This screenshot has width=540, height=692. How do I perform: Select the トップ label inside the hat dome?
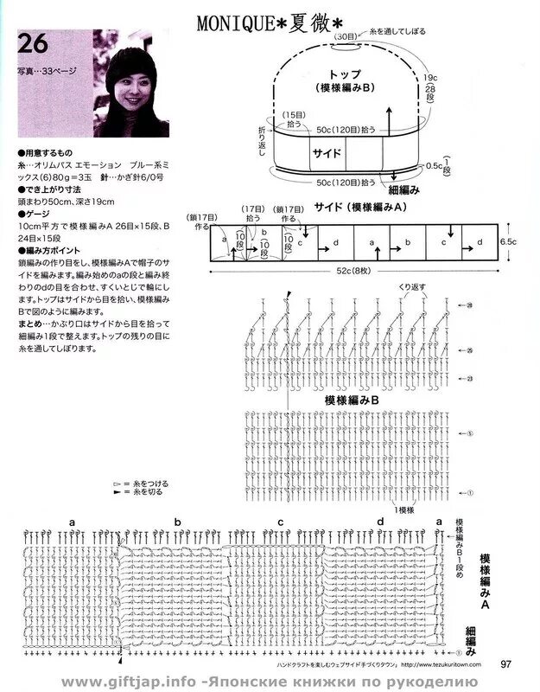pos(346,75)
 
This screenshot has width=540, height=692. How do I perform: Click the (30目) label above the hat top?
pos(346,37)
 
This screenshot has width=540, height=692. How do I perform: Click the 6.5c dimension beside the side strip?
pos(508,243)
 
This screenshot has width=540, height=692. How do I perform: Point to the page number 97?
pos(508,664)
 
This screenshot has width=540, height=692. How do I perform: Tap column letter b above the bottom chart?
pos(177,522)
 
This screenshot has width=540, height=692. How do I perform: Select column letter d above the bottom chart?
pos(379,522)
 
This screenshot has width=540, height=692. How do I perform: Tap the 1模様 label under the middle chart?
pos(404,509)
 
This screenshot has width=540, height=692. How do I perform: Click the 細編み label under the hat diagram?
pos(403,189)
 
